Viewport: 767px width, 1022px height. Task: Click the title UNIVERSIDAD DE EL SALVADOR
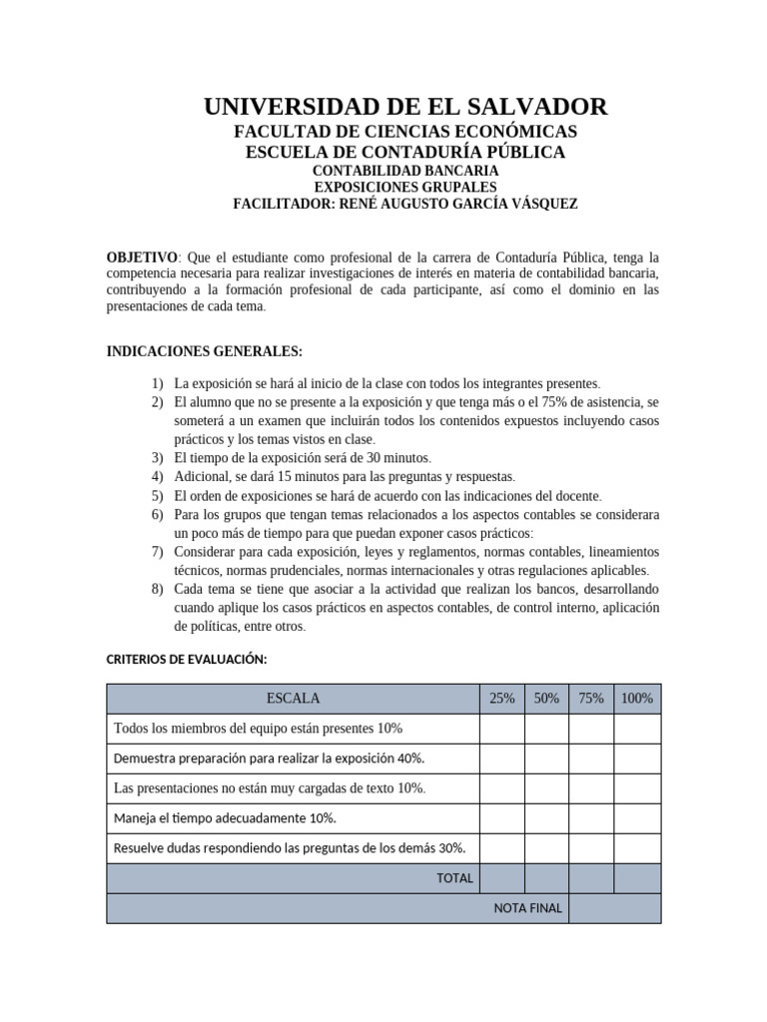(x=404, y=107)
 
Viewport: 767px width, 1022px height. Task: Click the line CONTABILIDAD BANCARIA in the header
(x=404, y=171)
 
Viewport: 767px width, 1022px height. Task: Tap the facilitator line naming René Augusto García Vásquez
(x=404, y=204)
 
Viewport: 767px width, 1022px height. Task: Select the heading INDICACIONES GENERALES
(x=204, y=351)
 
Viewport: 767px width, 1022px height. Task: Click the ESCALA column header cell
(x=293, y=699)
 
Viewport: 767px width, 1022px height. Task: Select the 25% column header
(x=502, y=699)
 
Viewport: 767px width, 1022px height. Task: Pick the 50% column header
(x=546, y=699)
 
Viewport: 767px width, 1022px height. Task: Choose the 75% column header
(x=591, y=699)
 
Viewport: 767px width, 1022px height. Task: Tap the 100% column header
(x=637, y=699)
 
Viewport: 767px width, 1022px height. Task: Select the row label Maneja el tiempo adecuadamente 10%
(x=226, y=818)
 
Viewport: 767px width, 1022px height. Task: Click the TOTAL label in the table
(x=454, y=878)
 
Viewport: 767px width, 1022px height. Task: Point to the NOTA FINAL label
(x=528, y=908)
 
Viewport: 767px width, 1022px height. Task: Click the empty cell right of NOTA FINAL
(x=614, y=908)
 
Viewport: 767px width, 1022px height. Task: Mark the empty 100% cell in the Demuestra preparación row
(x=637, y=759)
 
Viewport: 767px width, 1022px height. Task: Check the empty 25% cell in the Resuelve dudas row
(x=502, y=848)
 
